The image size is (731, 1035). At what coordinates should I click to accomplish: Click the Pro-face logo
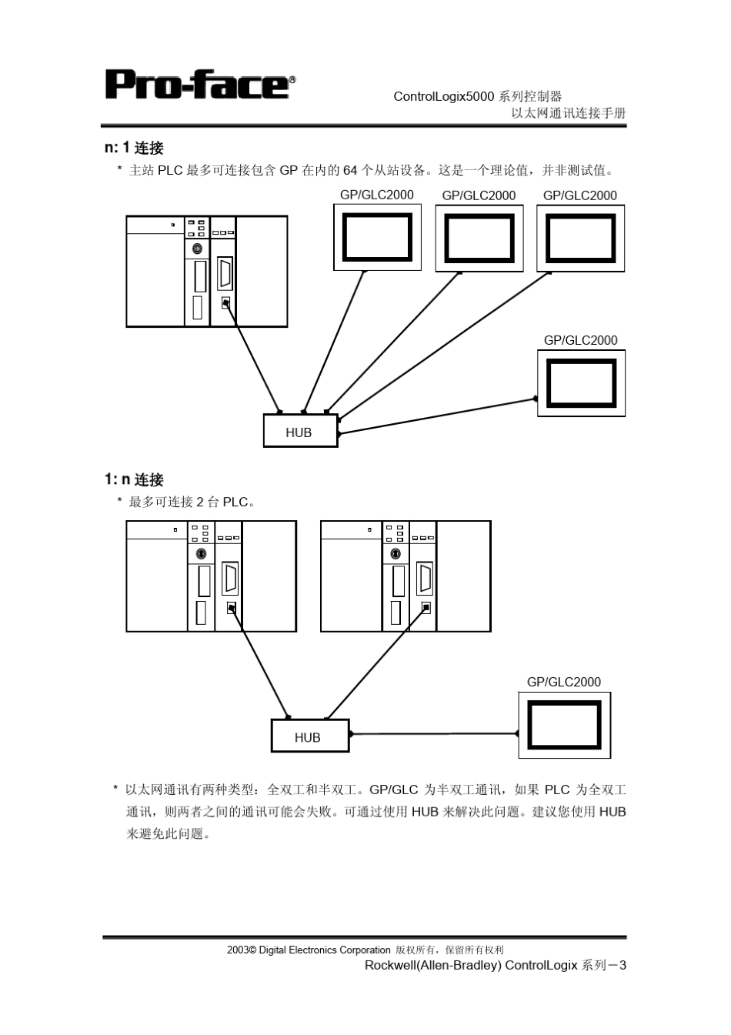pyautogui.click(x=199, y=84)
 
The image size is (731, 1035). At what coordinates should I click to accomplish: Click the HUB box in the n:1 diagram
pyautogui.click(x=300, y=431)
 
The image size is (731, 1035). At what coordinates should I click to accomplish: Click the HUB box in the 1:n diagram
pyautogui.click(x=309, y=736)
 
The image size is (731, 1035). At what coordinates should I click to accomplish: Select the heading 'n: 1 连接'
pyautogui.click(x=134, y=148)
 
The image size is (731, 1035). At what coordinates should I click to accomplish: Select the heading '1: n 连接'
pyautogui.click(x=134, y=479)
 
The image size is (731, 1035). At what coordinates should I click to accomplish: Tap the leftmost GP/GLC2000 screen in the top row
pyautogui.click(x=377, y=237)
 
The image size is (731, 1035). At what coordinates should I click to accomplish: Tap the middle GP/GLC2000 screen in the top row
pyautogui.click(x=479, y=238)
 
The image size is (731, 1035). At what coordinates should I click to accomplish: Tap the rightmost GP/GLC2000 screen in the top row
pyautogui.click(x=580, y=238)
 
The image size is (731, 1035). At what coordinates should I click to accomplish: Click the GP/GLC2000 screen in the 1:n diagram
pyautogui.click(x=564, y=725)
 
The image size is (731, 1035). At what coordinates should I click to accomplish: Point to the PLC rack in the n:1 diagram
pyautogui.click(x=206, y=272)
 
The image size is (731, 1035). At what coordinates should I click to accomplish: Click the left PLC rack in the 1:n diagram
pyautogui.click(x=211, y=576)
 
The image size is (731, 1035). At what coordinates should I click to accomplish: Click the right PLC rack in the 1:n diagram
pyautogui.click(x=405, y=576)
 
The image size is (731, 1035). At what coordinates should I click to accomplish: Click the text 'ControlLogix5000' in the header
pyautogui.click(x=443, y=96)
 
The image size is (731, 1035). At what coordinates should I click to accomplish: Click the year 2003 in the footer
pyautogui.click(x=236, y=950)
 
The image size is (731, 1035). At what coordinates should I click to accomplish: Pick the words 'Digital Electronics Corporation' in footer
pyautogui.click(x=325, y=950)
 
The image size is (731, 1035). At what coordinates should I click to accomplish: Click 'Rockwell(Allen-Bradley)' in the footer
pyautogui.click(x=432, y=965)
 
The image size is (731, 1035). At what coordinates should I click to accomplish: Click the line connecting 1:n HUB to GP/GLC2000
pyautogui.click(x=435, y=734)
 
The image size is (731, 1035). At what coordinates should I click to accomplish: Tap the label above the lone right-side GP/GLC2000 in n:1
pyautogui.click(x=580, y=340)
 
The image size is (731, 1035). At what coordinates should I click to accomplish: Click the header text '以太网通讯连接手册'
pyautogui.click(x=569, y=113)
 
